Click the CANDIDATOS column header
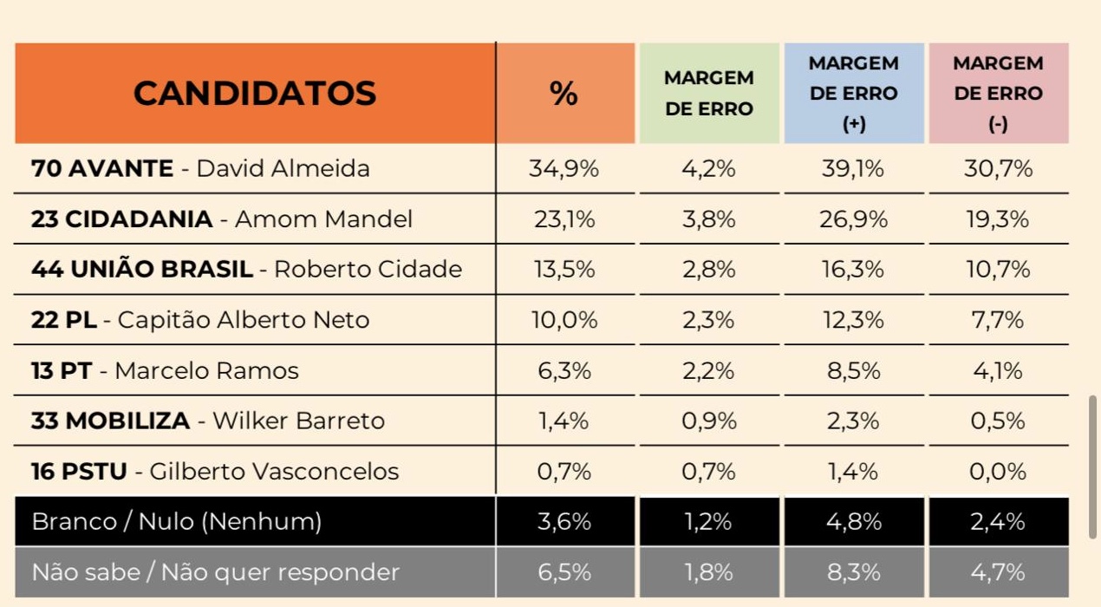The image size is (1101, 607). (x=255, y=93)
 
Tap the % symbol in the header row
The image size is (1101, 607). (x=564, y=94)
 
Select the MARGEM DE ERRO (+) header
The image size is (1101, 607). (x=854, y=93)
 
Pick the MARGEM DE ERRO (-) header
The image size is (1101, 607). (x=998, y=93)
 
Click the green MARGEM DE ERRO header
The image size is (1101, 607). (x=708, y=93)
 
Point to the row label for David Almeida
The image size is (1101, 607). (x=200, y=168)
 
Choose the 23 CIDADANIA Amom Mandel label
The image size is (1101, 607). (x=221, y=219)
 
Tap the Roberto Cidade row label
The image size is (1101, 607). (x=246, y=270)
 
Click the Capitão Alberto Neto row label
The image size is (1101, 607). (x=200, y=320)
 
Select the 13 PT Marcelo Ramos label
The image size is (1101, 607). (x=165, y=371)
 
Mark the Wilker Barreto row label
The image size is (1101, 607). (x=208, y=421)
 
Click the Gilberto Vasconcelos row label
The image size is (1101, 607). (x=215, y=472)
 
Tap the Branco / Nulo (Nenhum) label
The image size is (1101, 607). (x=176, y=522)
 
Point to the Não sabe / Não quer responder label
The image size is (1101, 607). (x=215, y=572)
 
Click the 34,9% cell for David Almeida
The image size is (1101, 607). (x=564, y=168)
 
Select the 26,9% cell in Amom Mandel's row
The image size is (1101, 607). (x=854, y=219)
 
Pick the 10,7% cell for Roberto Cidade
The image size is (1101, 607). (x=999, y=270)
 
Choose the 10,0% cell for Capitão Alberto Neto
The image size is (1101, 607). (x=564, y=320)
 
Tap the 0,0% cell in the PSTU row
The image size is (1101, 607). (x=999, y=472)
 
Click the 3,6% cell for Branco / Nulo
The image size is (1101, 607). (x=564, y=522)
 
